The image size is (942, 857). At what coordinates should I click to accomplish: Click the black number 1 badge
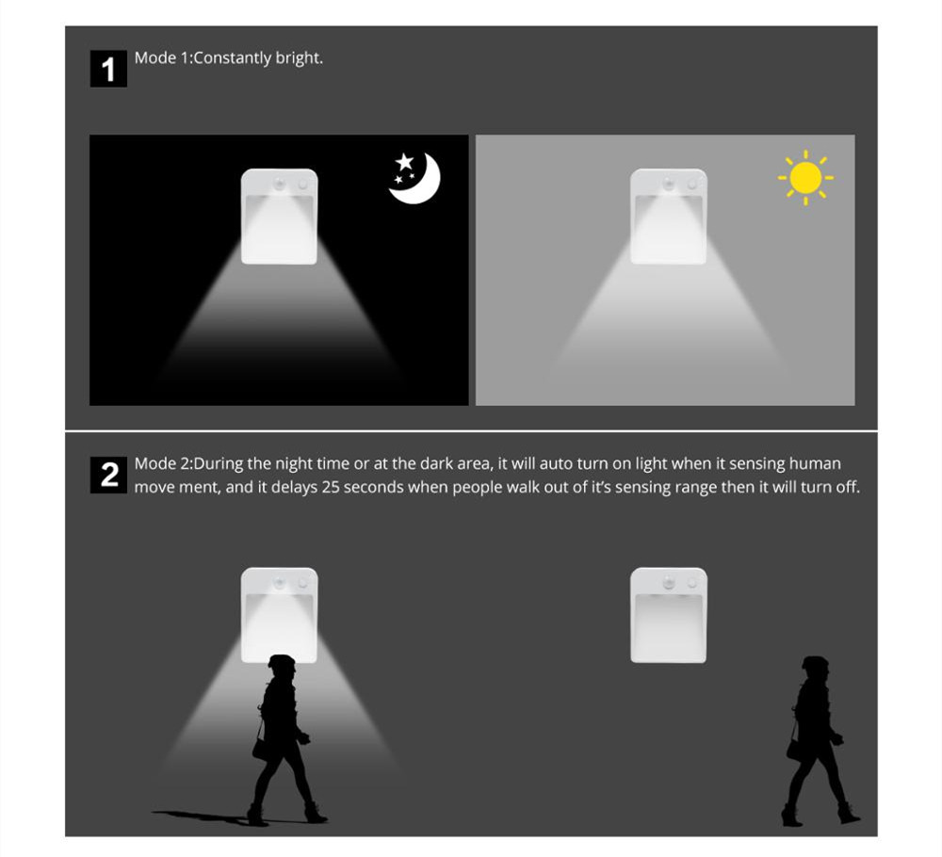point(108,69)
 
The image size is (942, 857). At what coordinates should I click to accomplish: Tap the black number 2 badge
point(108,475)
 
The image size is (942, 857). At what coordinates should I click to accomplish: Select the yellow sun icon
point(805,178)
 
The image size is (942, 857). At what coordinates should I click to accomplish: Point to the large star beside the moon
point(404,162)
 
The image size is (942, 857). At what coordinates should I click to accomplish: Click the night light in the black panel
point(280,217)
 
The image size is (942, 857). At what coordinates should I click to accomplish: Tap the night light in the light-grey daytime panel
point(669,217)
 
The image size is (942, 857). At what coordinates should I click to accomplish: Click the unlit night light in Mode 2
point(669,615)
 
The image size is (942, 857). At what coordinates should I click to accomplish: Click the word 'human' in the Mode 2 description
point(815,463)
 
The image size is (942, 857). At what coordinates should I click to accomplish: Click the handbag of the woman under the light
point(260,749)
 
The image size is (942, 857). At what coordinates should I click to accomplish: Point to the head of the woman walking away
point(815,668)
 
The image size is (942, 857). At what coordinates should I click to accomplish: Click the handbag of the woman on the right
point(794,750)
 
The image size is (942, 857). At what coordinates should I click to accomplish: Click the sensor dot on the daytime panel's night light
point(669,183)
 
